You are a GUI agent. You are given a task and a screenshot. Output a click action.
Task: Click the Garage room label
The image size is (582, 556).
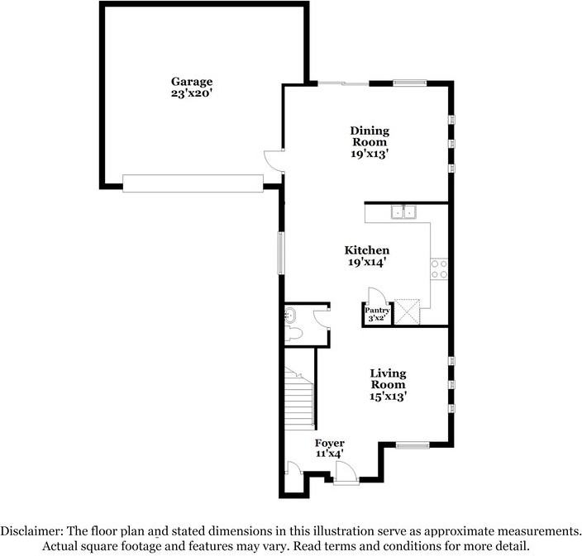point(192,81)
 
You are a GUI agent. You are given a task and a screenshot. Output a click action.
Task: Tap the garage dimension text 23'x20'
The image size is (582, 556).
point(192,93)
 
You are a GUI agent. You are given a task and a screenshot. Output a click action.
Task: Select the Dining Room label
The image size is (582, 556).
point(370,136)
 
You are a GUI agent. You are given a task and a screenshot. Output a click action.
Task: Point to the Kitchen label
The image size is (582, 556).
point(367,249)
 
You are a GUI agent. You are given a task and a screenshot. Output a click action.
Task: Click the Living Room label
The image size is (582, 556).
point(388,379)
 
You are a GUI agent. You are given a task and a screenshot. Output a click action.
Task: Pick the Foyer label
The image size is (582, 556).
point(330,444)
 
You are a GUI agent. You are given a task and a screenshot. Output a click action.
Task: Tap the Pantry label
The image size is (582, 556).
point(377,311)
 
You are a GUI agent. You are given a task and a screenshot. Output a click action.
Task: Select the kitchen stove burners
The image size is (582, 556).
point(439,268)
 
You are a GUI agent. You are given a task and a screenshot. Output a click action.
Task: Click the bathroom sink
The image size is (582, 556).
point(290,314)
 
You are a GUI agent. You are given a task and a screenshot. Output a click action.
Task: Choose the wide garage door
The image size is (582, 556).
point(193,183)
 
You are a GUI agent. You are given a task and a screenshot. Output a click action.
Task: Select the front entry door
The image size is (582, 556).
point(346,473)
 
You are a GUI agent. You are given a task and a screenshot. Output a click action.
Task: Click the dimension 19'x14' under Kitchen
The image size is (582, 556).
point(367,262)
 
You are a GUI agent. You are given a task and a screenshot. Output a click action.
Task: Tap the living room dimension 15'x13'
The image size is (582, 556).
point(388,397)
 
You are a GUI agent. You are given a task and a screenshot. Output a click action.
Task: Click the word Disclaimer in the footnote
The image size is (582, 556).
point(32,530)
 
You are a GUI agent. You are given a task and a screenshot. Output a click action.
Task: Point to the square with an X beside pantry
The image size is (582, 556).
point(408,311)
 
